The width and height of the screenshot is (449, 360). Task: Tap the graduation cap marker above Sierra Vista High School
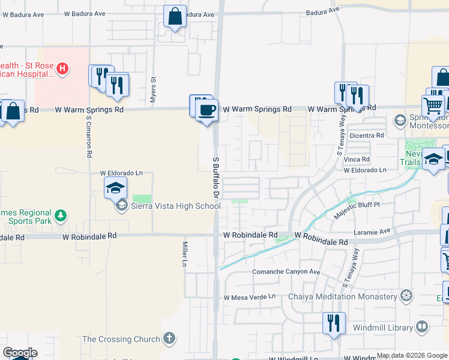[x=116, y=189]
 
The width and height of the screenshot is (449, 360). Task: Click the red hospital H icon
[x=61, y=68]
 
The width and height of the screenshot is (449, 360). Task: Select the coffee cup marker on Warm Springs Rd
[x=207, y=110]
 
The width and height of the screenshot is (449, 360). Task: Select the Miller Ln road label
[x=185, y=254]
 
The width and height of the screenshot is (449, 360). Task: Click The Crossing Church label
[x=121, y=339]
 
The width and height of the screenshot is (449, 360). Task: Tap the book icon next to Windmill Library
[x=423, y=327]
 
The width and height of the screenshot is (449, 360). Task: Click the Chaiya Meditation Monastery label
[x=343, y=296]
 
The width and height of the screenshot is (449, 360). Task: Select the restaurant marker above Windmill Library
[x=333, y=323]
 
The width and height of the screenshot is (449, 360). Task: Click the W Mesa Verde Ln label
[x=249, y=297]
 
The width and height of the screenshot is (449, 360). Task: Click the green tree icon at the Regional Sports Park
[x=60, y=215]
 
